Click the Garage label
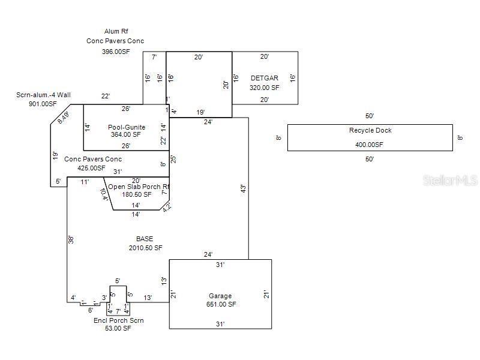point(220,296)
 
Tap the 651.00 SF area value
point(220,304)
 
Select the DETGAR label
point(265,78)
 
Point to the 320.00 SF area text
point(265,87)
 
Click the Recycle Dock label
point(370,130)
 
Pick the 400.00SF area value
point(370,145)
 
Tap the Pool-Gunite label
point(127,127)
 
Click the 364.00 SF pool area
point(126,134)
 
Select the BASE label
point(145,239)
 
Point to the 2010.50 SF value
point(145,247)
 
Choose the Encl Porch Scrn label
point(118,320)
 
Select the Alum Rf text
point(116,31)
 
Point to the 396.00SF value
point(116,52)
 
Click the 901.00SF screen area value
point(43,104)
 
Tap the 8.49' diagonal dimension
point(63,118)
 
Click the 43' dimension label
point(243,188)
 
